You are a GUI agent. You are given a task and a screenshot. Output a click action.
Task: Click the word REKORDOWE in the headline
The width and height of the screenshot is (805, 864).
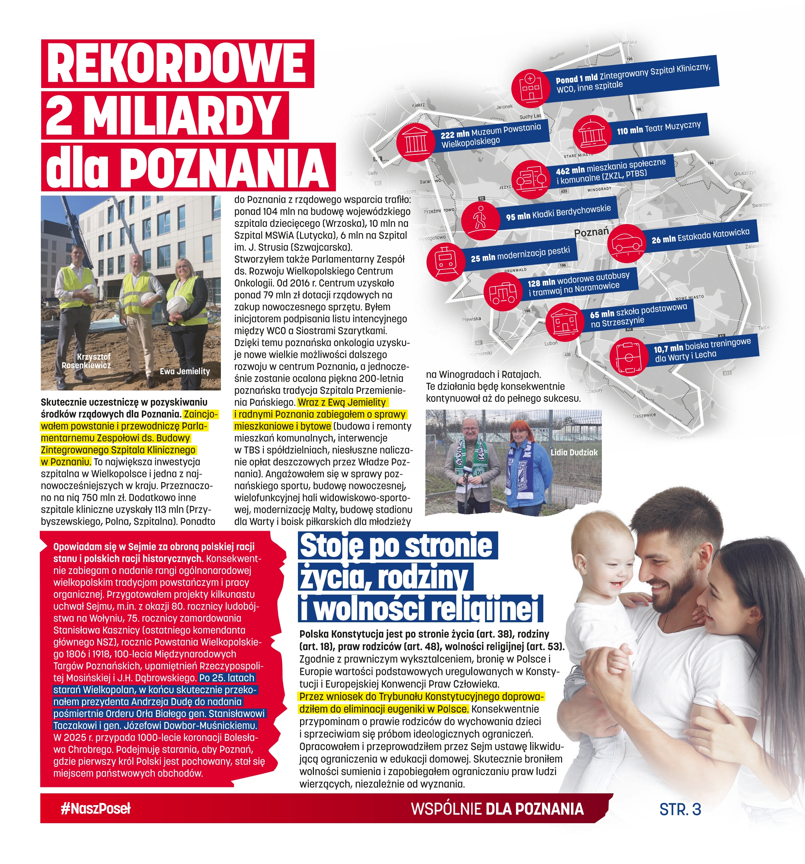tap(176, 64)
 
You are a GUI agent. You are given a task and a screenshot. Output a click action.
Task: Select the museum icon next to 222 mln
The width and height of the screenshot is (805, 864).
tap(415, 142)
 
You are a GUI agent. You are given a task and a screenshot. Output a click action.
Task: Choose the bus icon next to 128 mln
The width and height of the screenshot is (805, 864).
tap(502, 292)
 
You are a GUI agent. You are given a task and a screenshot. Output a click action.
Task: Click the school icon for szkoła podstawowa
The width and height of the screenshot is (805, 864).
tap(564, 322)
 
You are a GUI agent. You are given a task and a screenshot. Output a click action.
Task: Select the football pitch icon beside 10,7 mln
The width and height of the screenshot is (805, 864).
tap(628, 357)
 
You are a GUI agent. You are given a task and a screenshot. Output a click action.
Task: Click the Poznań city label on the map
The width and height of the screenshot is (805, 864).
tap(591, 232)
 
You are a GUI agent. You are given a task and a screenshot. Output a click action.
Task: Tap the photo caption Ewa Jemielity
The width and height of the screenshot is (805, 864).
tap(185, 371)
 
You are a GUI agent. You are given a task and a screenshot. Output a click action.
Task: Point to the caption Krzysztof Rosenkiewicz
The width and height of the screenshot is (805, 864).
tap(87, 361)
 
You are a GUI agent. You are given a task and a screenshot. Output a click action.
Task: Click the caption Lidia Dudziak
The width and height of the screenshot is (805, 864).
tap(574, 453)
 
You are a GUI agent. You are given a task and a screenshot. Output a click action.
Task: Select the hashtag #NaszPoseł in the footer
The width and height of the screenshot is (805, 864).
tap(96, 808)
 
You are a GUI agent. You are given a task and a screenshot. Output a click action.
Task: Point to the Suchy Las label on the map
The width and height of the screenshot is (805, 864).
tap(530, 116)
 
